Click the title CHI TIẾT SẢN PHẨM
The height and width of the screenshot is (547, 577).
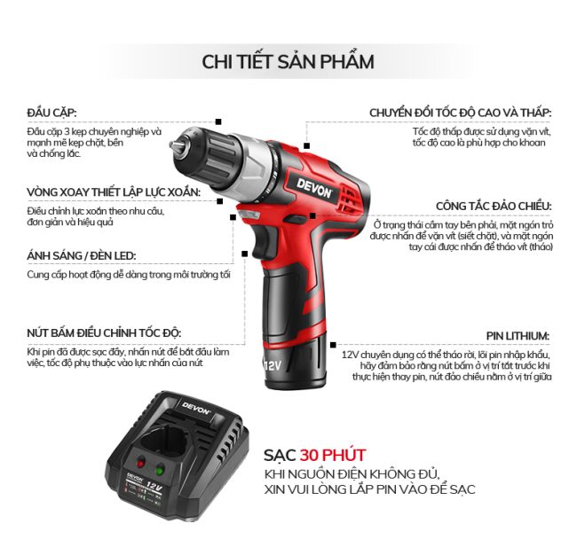pyautogui.click(x=288, y=61)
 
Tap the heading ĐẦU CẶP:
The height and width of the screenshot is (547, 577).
pyautogui.click(x=51, y=112)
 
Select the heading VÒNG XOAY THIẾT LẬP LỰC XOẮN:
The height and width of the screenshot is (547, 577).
pyautogui.click(x=114, y=191)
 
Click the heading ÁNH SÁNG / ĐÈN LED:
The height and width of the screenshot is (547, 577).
pyautogui.click(x=82, y=255)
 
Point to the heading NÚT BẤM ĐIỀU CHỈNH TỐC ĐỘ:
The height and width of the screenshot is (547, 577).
pyautogui.click(x=104, y=332)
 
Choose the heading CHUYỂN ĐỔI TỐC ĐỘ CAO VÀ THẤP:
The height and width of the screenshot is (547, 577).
pyautogui.click(x=461, y=113)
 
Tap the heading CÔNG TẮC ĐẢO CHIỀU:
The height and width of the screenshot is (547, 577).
pyautogui.click(x=494, y=207)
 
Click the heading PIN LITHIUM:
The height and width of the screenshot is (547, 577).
pyautogui.click(x=518, y=336)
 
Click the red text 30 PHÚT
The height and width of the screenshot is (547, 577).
pyautogui.click(x=332, y=455)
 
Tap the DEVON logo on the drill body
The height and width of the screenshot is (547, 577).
pyautogui.click(x=314, y=188)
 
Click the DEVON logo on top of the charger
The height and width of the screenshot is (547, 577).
pyautogui.click(x=196, y=408)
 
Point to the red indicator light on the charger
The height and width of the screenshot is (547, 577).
pyautogui.click(x=140, y=463)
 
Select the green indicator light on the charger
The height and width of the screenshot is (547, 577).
pyautogui.click(x=160, y=470)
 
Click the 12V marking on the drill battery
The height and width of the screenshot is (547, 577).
pyautogui.click(x=273, y=365)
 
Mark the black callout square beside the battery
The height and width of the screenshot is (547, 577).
pyautogui.click(x=333, y=345)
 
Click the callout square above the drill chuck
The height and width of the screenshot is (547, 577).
pyautogui.click(x=218, y=121)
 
